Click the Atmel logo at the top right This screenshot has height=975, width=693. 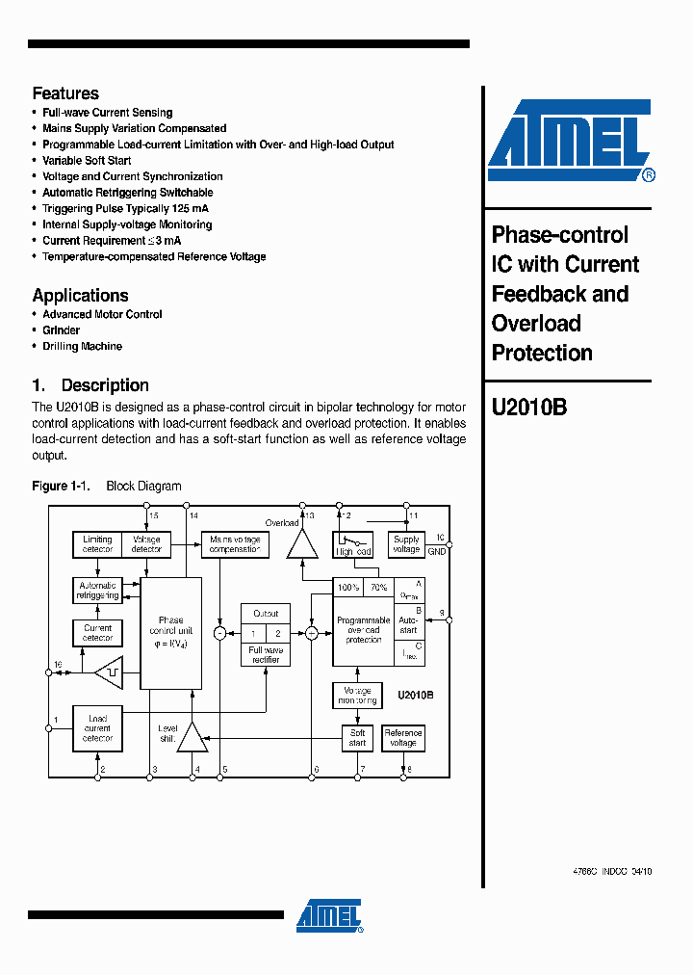point(570,141)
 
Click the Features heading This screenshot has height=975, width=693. point(65,93)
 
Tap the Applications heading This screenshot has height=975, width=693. point(80,296)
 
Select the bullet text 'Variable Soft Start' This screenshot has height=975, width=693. point(87,161)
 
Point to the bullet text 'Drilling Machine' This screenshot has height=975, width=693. point(82,347)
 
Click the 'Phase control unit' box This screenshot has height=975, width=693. point(171,632)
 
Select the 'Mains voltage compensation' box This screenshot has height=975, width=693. point(235,544)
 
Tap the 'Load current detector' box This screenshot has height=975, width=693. point(97,728)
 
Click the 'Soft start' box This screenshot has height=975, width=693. point(357,738)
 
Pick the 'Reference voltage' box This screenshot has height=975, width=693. point(403,738)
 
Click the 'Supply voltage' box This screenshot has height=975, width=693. point(406,544)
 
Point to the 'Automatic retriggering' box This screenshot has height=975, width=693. point(97,590)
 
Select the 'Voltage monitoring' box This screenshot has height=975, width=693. point(357,695)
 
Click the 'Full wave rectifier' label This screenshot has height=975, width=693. point(266,655)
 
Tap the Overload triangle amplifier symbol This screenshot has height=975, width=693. point(304,545)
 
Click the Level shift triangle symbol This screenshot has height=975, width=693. point(193,737)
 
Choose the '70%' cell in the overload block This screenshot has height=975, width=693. point(378,587)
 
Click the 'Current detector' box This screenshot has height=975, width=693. point(97,633)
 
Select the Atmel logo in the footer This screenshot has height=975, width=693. point(329,916)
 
